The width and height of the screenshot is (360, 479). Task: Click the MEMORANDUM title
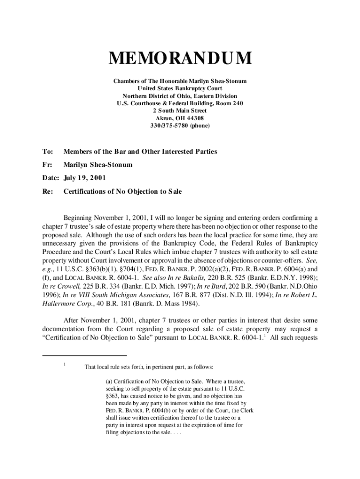pos(180,59)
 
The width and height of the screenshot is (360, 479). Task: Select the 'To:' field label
pos(48,152)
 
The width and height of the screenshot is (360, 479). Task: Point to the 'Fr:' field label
pos(47,165)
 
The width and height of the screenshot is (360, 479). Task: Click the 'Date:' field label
pos(50,178)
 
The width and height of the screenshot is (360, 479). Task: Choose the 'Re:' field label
pos(48,191)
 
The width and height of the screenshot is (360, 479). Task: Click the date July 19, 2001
pos(84,178)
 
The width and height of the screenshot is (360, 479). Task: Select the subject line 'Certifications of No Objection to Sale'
pos(123,191)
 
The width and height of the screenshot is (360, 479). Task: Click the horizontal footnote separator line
pos(85,356)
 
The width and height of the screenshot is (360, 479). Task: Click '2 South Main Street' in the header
pos(180,111)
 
